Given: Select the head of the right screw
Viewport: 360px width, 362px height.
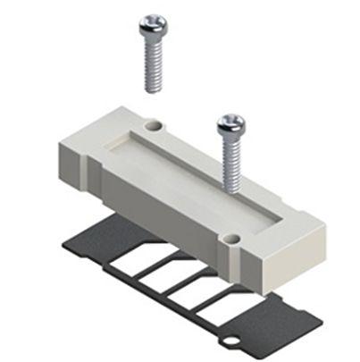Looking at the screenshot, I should pos(230,125).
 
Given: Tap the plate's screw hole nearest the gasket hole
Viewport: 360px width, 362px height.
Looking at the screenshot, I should pos(232,238).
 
